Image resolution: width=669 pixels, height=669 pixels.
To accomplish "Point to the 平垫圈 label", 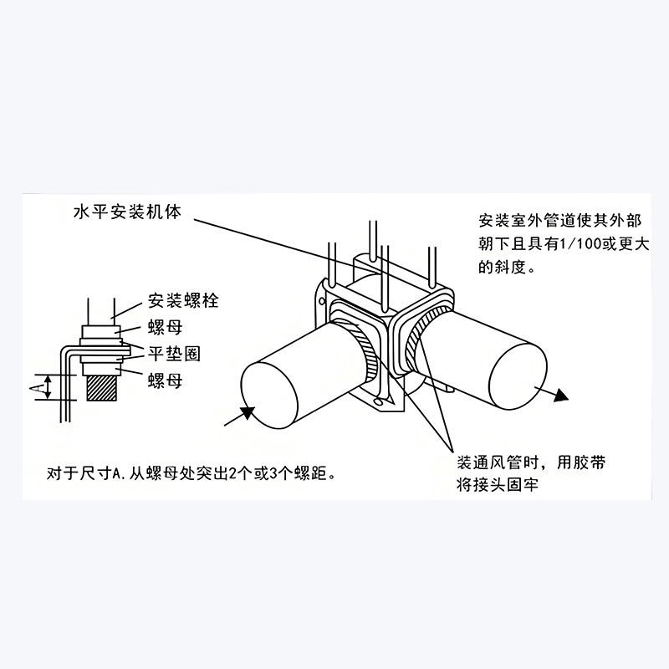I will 175,353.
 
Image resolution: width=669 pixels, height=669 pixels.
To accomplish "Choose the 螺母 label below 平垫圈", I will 165,380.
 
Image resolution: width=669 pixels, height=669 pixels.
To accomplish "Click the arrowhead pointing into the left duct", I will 248,409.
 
